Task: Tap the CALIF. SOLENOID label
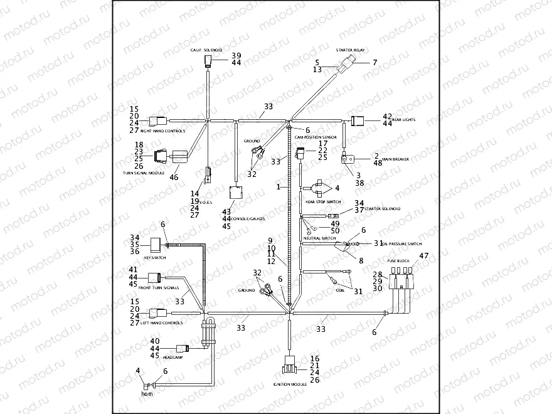tap(206, 49)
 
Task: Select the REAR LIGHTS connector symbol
tap(358, 121)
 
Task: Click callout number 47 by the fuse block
tap(423, 256)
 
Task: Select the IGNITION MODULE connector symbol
tap(290, 364)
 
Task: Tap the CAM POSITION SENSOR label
tap(316, 136)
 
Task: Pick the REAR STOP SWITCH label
tap(323, 202)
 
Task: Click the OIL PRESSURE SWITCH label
tap(401, 244)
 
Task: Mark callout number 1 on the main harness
tap(278, 187)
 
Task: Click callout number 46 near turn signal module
tap(174, 178)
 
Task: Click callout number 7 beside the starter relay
tap(374, 62)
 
